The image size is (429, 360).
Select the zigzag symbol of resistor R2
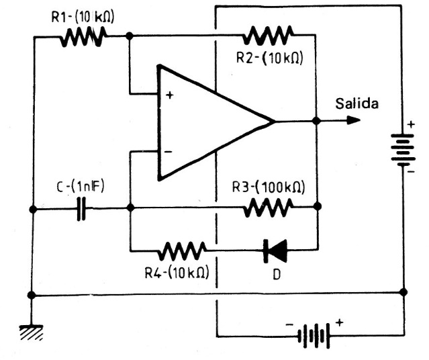tap(270, 34)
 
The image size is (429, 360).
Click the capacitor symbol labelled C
tap(82, 209)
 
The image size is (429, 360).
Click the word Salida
tap(356, 104)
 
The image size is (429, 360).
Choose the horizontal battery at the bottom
tap(312, 334)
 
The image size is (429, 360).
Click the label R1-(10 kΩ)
tap(82, 17)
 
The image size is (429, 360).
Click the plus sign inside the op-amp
tap(169, 95)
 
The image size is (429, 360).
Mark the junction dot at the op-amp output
tap(316, 122)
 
